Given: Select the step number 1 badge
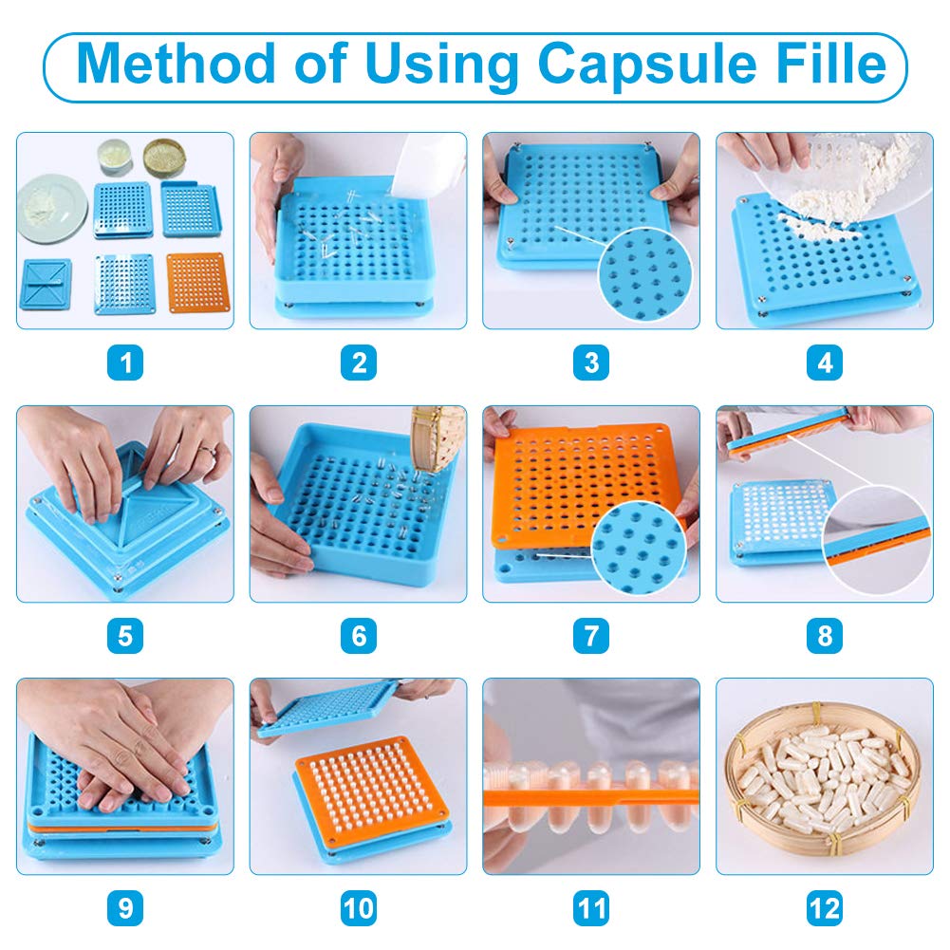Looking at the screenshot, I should click(x=125, y=363).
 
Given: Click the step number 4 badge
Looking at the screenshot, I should click(x=824, y=363).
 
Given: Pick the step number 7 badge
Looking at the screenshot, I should click(x=590, y=635).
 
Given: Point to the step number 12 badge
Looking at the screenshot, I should click(x=824, y=908).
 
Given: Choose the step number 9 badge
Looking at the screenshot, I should click(x=125, y=908).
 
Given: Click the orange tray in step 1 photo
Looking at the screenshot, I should click(x=197, y=282).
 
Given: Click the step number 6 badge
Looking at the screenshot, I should click(x=359, y=635).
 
